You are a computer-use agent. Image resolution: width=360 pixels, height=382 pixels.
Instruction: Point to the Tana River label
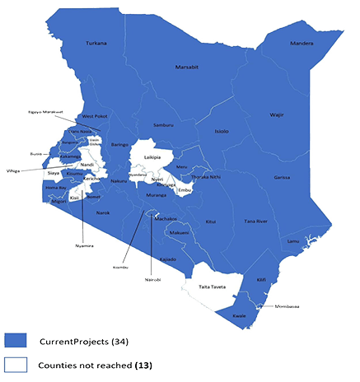point(257,221)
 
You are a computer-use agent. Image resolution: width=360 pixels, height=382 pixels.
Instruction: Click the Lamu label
point(293,240)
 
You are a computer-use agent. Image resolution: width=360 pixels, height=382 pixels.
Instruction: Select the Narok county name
point(103,212)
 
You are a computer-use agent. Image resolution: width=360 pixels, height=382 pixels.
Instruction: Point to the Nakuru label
point(120,180)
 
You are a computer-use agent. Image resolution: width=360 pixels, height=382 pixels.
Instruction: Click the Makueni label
point(180,233)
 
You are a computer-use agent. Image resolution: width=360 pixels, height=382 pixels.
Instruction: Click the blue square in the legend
point(18,339)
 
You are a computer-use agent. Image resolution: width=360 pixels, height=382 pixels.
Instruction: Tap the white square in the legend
point(18,363)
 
